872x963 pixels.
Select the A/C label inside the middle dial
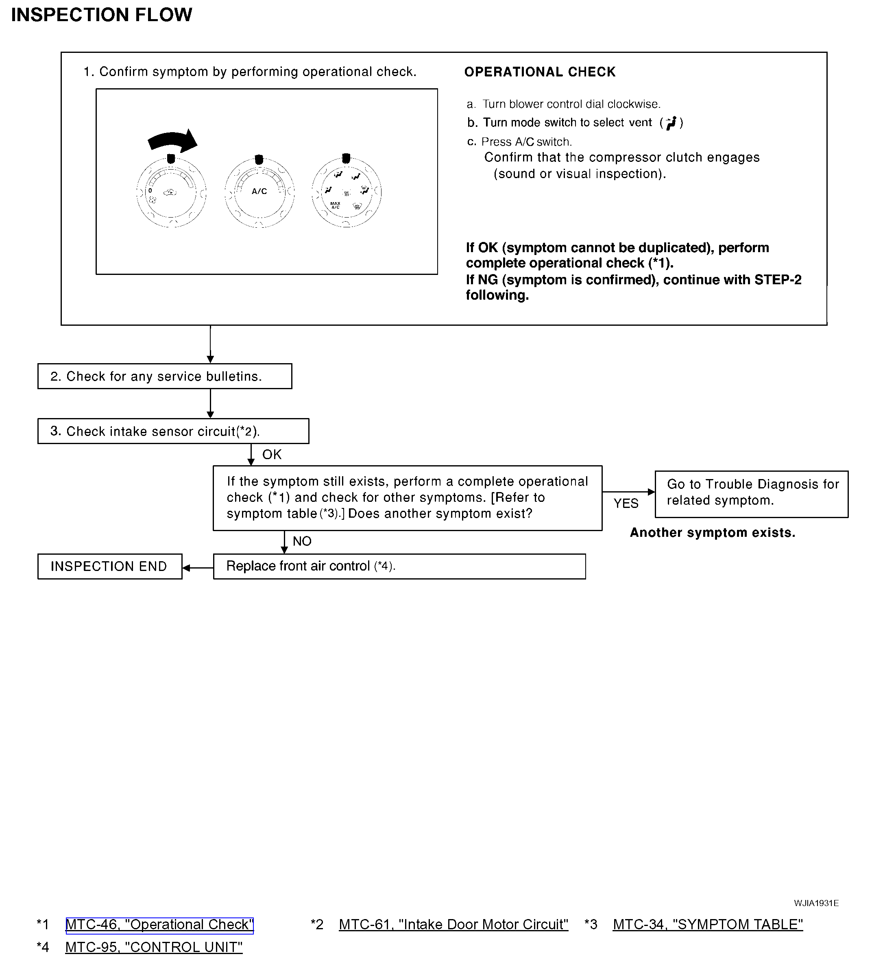coord(259,192)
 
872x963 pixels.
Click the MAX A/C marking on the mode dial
coord(336,205)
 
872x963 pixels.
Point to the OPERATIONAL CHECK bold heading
coord(539,72)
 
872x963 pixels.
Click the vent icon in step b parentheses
coord(671,123)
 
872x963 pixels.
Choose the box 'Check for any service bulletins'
coord(164,377)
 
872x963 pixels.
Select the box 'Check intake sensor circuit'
coord(173,431)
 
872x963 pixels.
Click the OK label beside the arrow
coord(272,455)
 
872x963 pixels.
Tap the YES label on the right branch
coord(626,503)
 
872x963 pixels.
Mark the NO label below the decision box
coord(302,541)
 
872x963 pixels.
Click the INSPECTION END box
coord(109,566)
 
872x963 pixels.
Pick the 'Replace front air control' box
coord(399,566)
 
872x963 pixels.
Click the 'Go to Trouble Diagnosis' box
coord(751,495)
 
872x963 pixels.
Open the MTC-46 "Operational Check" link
coord(159,924)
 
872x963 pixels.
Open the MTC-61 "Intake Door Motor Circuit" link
coord(453,924)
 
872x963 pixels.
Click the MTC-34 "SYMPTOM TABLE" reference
coord(708,924)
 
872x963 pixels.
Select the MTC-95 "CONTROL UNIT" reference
coord(154,947)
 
